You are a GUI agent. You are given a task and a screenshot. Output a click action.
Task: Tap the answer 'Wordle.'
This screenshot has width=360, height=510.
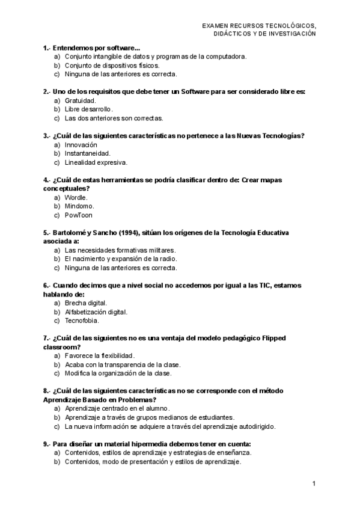[76, 197]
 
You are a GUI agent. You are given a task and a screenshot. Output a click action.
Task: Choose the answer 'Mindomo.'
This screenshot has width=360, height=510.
[79, 206]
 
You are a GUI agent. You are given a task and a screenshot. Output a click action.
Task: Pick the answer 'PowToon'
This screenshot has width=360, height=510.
[79, 215]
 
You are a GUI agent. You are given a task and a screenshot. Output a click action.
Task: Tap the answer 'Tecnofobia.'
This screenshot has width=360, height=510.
[81, 321]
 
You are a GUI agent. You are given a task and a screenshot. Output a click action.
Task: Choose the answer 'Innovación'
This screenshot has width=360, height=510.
[81, 145]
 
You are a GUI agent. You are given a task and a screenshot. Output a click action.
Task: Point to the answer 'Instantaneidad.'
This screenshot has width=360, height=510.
[87, 153]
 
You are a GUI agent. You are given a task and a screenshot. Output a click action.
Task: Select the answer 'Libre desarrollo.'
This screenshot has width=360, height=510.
[88, 109]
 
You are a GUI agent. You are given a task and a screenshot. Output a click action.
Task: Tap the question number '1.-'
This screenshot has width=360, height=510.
[47, 48]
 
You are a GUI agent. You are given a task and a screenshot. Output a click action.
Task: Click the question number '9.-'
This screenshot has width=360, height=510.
[47, 444]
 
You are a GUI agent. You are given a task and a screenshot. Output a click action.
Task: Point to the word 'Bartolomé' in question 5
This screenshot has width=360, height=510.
[70, 232]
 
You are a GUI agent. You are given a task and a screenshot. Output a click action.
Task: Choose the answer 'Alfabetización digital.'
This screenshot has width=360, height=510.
[96, 312]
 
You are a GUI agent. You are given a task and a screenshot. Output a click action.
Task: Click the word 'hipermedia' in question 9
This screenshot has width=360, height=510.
[142, 444]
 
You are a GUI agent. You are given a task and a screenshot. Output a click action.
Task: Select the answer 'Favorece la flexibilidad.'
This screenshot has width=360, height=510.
[100, 356]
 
